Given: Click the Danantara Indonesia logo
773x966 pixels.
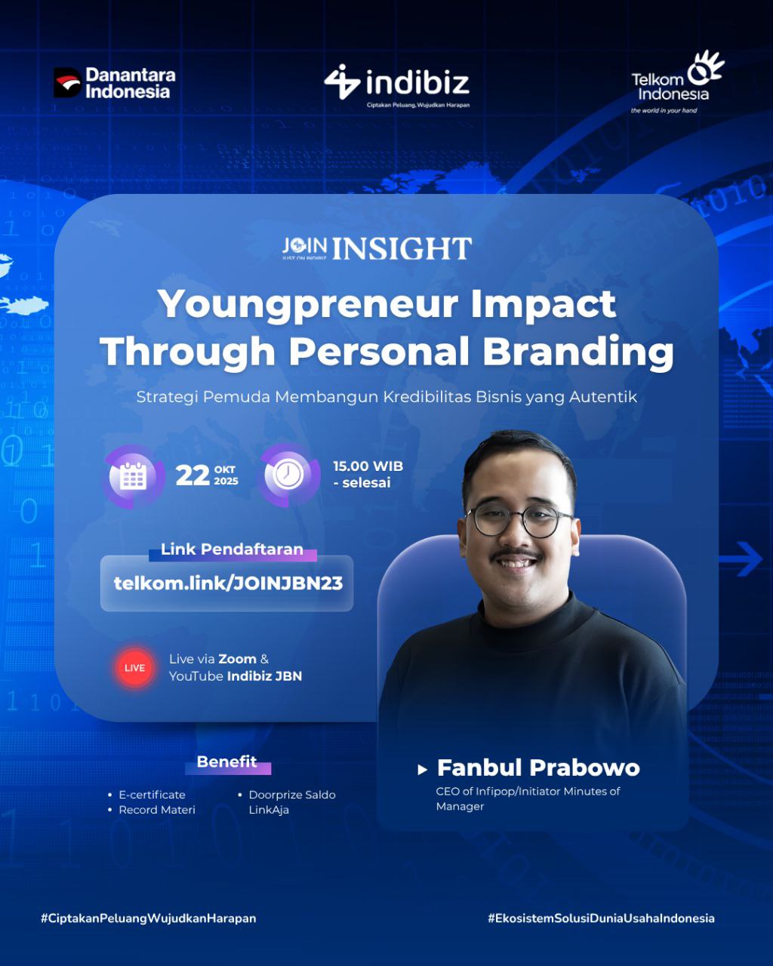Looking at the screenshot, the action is (115, 82).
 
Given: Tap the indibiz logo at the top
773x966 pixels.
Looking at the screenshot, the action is (396, 85).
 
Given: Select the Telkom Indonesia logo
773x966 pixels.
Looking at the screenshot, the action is (677, 82).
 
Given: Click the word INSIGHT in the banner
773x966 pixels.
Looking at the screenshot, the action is (402, 248).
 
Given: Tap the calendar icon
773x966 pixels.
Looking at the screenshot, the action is (133, 475).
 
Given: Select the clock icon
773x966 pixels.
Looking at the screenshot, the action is (288, 475).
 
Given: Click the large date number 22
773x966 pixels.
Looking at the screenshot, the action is (192, 475).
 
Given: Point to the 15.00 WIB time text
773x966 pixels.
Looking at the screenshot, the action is (368, 466).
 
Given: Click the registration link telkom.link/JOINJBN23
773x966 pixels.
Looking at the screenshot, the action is (228, 583).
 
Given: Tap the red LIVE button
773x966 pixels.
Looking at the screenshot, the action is (134, 668).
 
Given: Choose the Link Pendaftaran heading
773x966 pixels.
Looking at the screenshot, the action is (232, 549).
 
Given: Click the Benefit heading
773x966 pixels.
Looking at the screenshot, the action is (226, 761).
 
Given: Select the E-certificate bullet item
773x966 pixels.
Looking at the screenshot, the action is (152, 795).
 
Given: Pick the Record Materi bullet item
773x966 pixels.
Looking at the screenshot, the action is (157, 809).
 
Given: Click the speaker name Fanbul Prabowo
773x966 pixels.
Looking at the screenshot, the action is (538, 768).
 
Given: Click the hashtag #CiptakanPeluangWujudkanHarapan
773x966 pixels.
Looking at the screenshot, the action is (149, 918).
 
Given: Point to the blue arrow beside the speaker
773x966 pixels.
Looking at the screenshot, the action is (741, 559).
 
